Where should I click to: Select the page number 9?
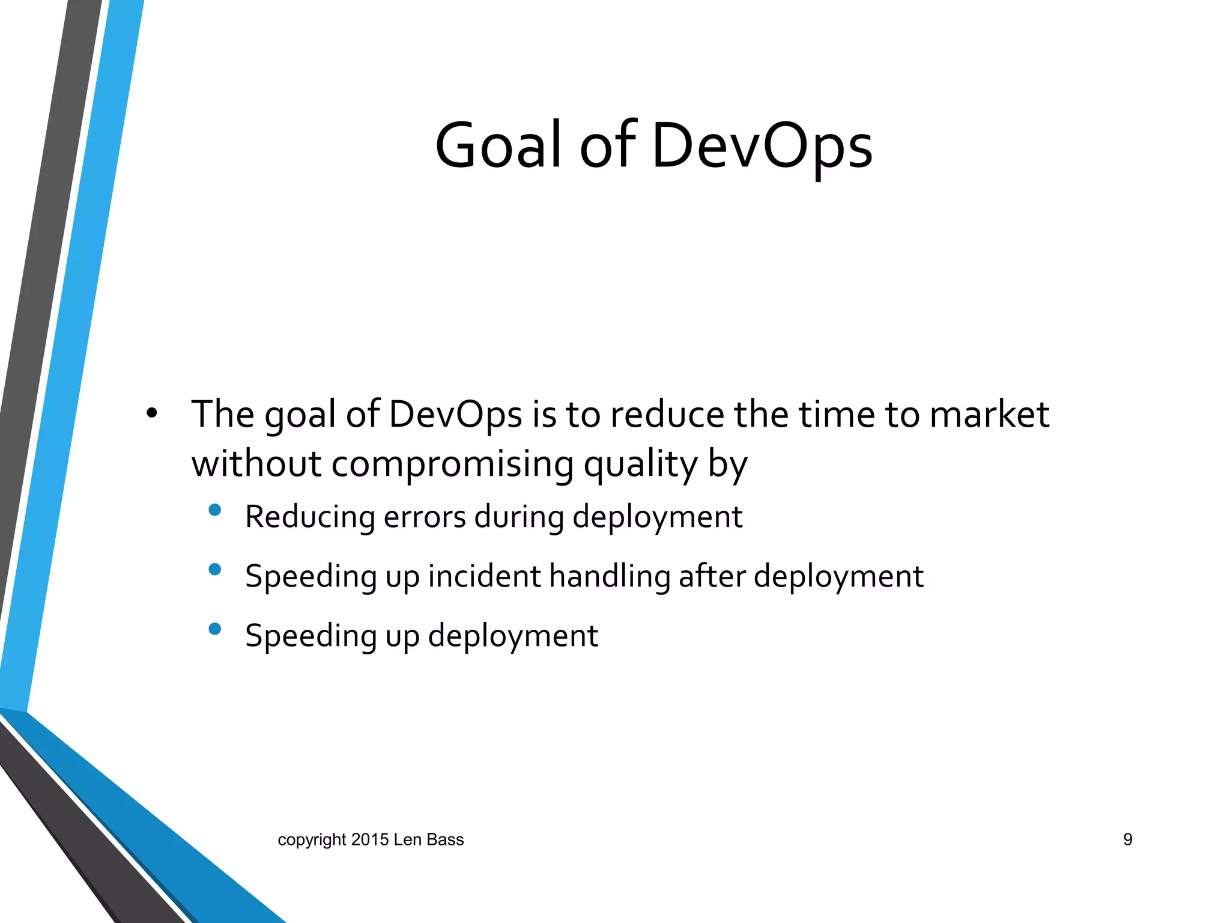click(1127, 839)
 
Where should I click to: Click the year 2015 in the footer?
click(370, 839)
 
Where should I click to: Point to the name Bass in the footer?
click(445, 839)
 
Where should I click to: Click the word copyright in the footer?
click(312, 839)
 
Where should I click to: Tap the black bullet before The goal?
click(151, 413)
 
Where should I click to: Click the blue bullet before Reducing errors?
click(214, 510)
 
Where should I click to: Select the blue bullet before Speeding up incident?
click(214, 569)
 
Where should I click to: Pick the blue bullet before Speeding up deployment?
click(214, 629)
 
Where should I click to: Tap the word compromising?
click(452, 465)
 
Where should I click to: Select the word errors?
click(424, 517)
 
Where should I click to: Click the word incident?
click(484, 576)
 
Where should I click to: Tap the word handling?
click(610, 577)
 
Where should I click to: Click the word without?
click(256, 465)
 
